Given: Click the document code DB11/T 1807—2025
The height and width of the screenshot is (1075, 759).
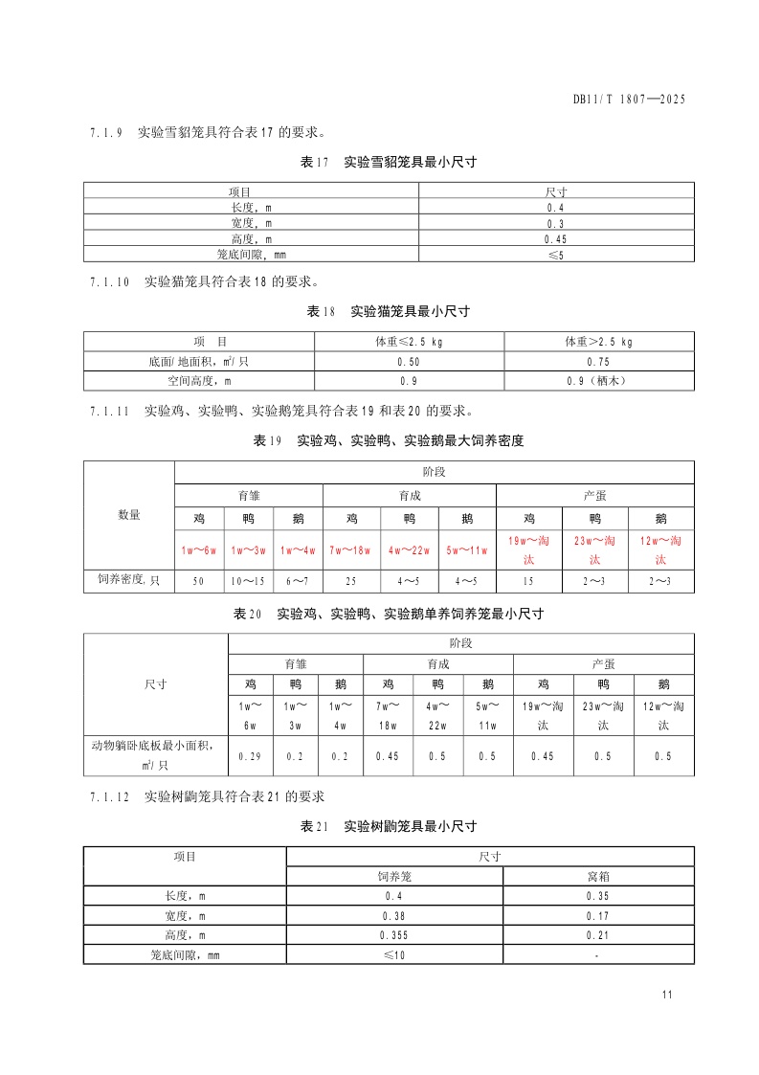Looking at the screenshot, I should click(x=629, y=99).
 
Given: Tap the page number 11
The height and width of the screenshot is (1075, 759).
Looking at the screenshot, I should click(x=667, y=995).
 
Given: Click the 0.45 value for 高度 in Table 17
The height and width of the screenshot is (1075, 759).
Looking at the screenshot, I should click(x=556, y=238).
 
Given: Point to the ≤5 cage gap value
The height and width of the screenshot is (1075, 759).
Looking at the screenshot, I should click(x=556, y=255).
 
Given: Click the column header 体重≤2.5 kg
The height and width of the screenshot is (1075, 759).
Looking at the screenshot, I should click(x=409, y=342).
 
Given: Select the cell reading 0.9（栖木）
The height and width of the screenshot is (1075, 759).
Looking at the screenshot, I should click(x=598, y=380).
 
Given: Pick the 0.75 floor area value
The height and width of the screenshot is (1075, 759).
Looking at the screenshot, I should click(x=598, y=362).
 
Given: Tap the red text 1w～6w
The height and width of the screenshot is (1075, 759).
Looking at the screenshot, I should click(x=199, y=549).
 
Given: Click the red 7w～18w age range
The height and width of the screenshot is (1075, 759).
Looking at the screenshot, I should click(x=351, y=549).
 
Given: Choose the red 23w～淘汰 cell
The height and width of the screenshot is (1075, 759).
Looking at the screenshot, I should click(x=594, y=549).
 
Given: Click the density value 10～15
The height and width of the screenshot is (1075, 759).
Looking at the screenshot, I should click(x=249, y=581).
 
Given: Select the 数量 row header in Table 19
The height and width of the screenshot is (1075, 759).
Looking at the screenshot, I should click(x=128, y=515).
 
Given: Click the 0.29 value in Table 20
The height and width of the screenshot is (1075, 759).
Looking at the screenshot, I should click(x=250, y=756).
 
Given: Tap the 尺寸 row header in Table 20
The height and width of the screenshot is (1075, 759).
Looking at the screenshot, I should click(x=155, y=684).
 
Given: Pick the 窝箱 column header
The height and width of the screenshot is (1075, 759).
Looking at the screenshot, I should click(x=598, y=876).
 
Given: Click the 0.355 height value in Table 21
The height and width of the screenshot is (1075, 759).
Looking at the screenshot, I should click(x=394, y=935).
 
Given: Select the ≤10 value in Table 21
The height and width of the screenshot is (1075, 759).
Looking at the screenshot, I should click(x=394, y=954).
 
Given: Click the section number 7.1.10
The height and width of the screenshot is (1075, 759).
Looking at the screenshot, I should click(x=108, y=282).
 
